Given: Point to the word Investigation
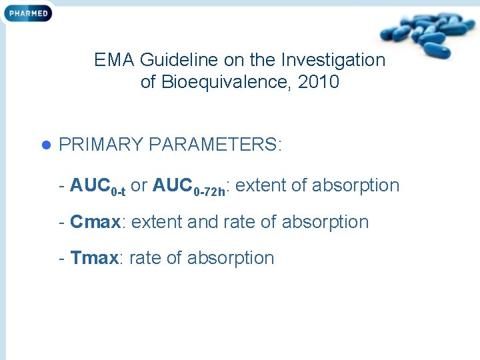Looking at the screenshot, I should (333, 60).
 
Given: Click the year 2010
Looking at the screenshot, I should (319, 82).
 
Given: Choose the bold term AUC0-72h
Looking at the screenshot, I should (191, 186).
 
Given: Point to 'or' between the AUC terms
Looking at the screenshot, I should (139, 185).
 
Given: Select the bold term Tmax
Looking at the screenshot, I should (95, 258).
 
